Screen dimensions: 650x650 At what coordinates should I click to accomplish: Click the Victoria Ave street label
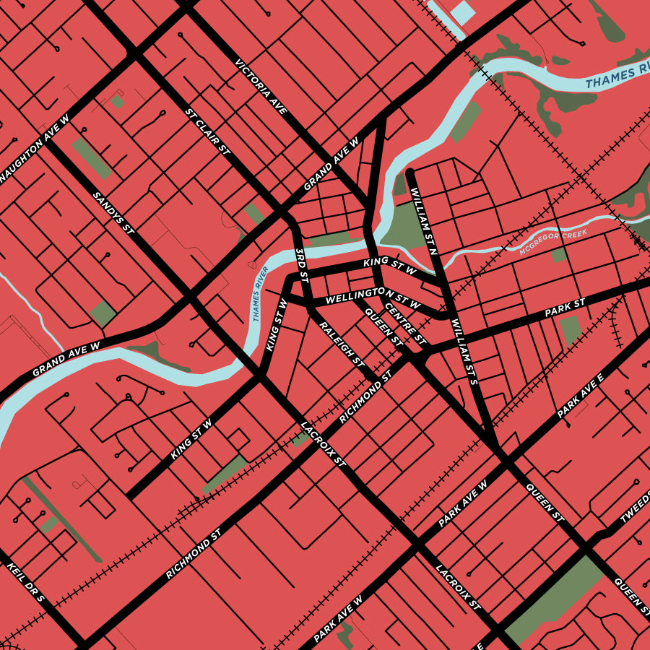click(261, 87)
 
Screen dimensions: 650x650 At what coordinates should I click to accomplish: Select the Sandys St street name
click(115, 213)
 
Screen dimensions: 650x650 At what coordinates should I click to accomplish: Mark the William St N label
click(424, 223)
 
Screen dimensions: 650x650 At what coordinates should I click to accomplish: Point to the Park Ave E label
click(581, 396)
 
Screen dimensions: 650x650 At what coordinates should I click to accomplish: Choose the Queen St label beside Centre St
click(384, 326)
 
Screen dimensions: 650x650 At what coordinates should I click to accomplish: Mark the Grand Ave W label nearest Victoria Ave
click(331, 164)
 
